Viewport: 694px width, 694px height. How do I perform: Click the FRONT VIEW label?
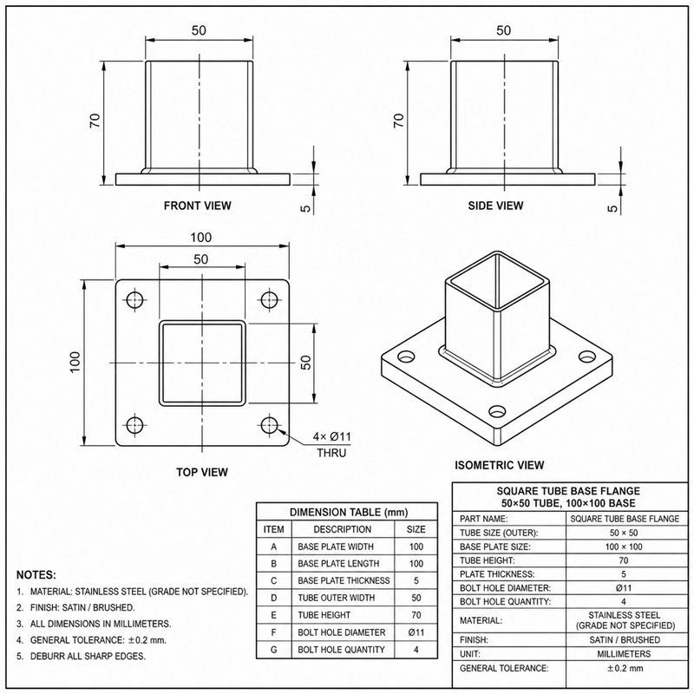(198, 206)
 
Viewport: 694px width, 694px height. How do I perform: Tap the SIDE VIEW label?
(495, 206)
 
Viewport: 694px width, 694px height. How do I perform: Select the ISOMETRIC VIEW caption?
(500, 465)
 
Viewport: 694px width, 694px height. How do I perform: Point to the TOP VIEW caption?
(202, 472)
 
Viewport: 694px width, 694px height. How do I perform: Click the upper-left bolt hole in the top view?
(134, 300)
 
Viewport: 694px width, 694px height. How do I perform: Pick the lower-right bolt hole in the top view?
(269, 425)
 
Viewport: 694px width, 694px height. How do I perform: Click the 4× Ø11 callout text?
(332, 437)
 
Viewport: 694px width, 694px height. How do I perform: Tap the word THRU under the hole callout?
(331, 453)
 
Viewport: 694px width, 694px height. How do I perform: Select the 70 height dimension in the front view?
(95, 121)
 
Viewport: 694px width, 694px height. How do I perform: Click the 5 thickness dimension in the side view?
(612, 208)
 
